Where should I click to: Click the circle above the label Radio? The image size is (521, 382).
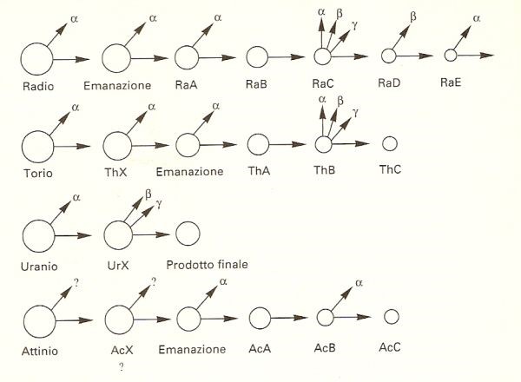(36, 59)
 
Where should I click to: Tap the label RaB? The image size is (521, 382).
(256, 84)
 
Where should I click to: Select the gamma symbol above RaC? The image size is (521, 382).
(355, 26)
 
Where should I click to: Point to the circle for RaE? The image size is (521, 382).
(451, 56)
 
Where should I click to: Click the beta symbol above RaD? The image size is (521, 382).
(413, 16)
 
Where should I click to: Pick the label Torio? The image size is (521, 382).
(38, 173)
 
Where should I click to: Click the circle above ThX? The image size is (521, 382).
(117, 146)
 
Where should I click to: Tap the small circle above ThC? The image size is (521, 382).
(390, 144)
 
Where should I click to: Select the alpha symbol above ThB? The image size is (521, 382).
(321, 99)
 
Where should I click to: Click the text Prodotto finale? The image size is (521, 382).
(207, 265)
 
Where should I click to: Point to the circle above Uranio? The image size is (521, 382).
(38, 236)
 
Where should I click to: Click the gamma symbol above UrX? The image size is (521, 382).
(159, 204)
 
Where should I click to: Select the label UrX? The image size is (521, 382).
(118, 266)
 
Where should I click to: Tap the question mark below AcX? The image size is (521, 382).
(122, 366)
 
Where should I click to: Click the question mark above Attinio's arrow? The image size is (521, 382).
(76, 283)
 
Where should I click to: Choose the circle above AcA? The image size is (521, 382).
(260, 319)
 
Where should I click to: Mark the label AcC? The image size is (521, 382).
(389, 347)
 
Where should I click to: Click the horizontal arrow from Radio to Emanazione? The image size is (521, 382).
(71, 59)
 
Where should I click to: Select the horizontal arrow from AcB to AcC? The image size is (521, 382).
(353, 317)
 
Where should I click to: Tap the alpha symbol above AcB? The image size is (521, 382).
(359, 283)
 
